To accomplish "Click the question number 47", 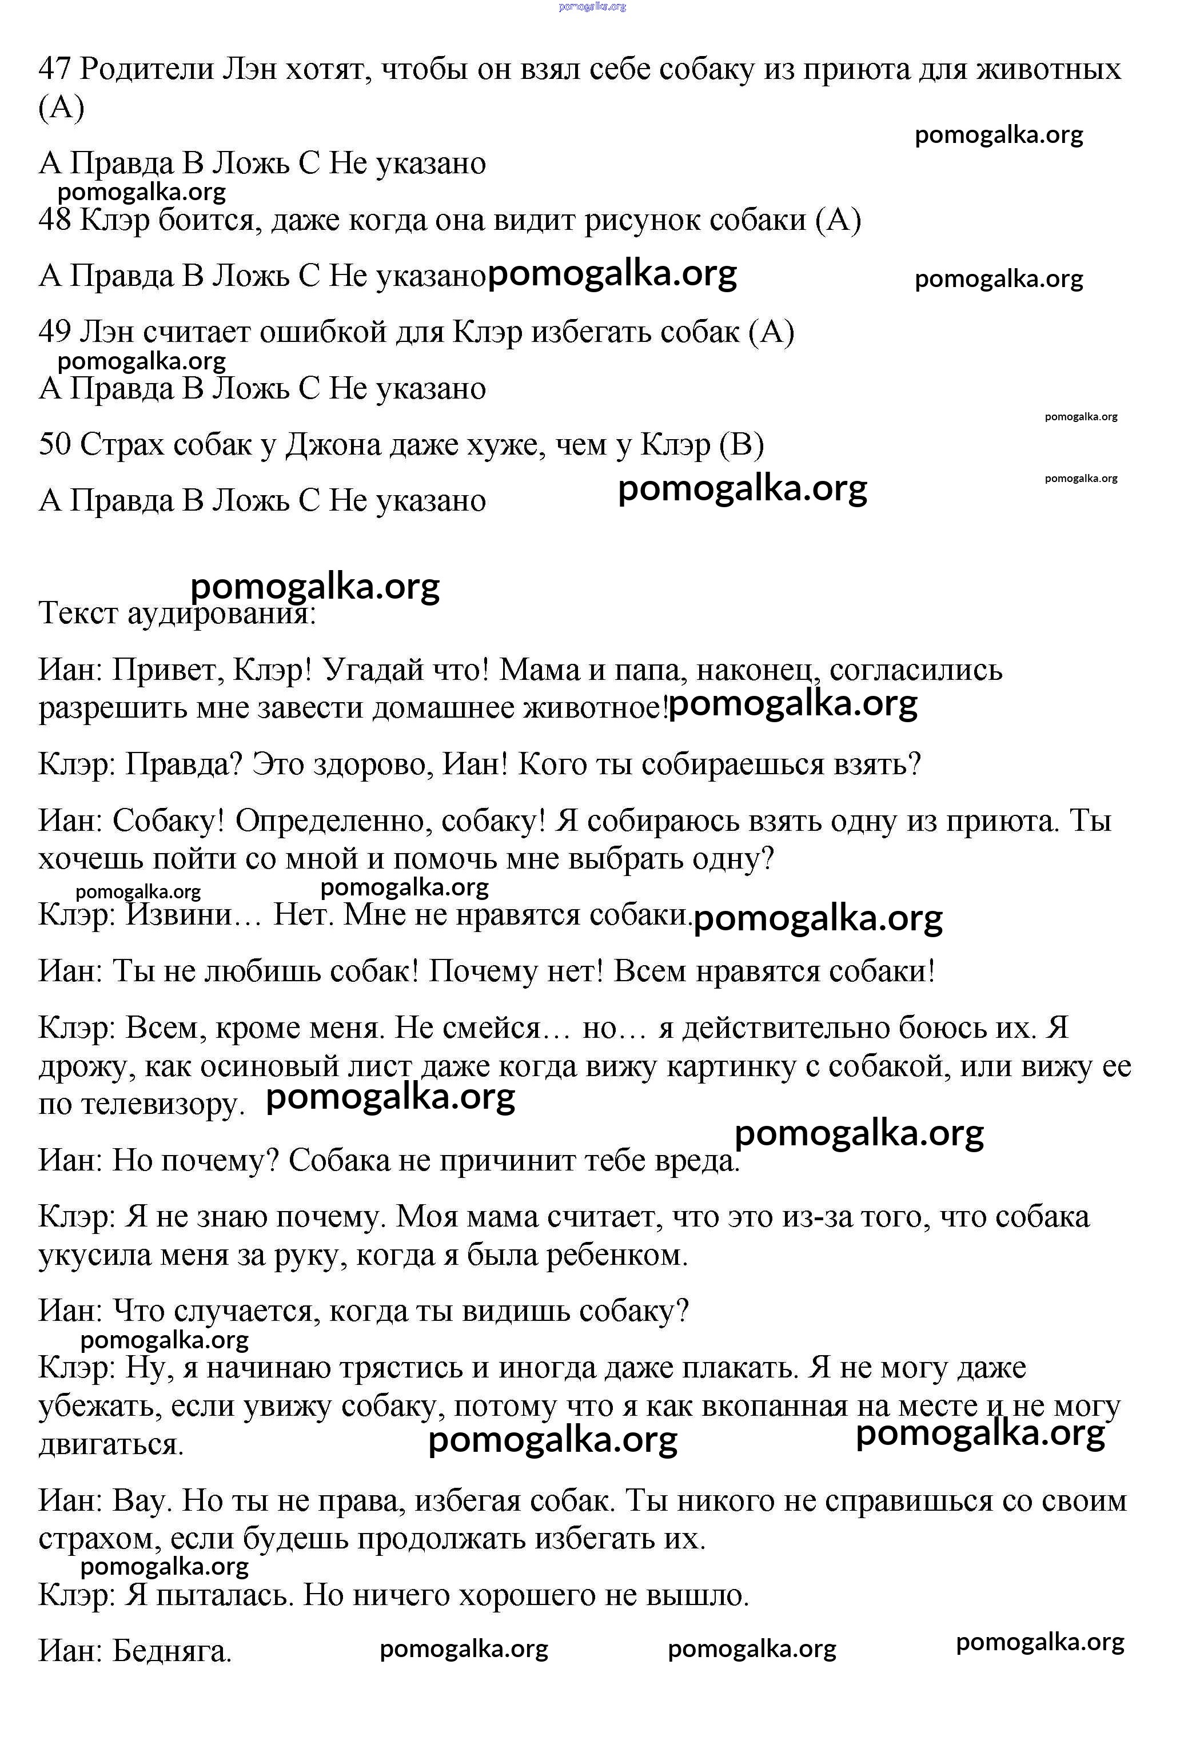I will tap(54, 69).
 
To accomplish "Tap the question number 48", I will tap(54, 220).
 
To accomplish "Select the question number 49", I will tap(54, 332).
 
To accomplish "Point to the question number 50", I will tap(54, 444).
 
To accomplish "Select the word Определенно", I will tap(333, 821).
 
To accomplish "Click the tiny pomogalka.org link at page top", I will tap(592, 7).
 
